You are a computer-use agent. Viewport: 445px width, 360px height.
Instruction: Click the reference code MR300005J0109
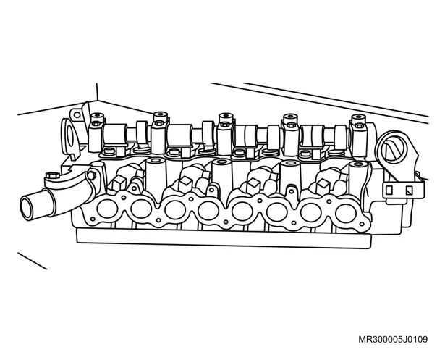(393, 339)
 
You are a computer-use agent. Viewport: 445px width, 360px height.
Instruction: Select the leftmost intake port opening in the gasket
(107, 209)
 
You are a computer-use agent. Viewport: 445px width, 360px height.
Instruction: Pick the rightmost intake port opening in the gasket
(345, 214)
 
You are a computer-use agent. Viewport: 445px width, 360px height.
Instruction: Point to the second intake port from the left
(141, 209)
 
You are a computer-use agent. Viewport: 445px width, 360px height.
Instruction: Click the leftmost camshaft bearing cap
(97, 133)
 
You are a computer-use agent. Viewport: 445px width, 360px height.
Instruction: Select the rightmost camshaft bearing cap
(359, 135)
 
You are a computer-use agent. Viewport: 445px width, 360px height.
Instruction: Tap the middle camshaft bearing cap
(226, 134)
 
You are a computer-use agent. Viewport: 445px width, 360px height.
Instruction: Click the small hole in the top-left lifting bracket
(77, 115)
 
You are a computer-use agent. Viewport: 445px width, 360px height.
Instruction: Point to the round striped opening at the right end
(394, 149)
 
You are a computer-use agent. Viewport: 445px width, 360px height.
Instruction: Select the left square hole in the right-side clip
(389, 190)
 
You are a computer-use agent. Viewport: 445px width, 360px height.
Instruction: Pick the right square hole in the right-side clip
(409, 191)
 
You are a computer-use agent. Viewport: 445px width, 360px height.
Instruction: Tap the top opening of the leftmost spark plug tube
(156, 161)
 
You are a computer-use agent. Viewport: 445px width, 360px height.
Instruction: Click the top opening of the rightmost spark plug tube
(359, 164)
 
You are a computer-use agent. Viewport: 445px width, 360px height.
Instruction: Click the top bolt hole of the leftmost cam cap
(97, 115)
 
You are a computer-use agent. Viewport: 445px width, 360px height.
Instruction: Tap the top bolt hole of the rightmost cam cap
(359, 117)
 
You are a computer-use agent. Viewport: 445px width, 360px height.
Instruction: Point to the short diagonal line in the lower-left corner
(33, 261)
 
